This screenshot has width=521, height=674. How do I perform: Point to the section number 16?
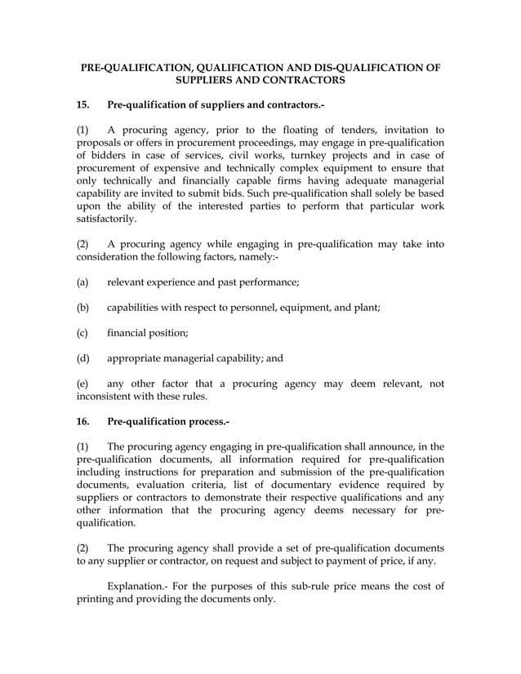click(x=82, y=422)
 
